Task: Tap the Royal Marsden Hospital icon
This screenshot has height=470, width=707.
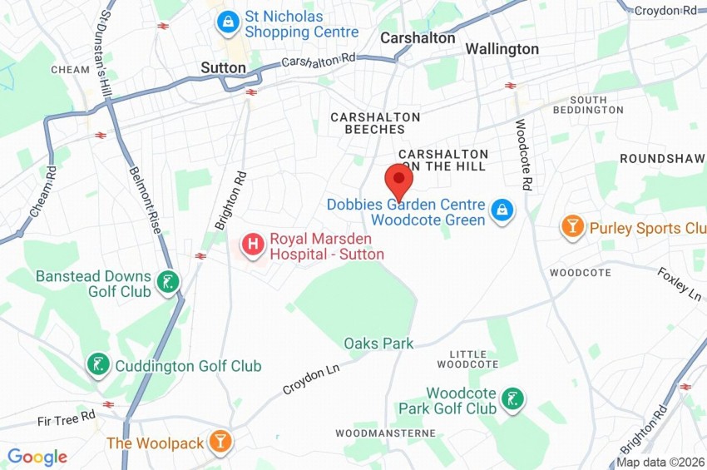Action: [252, 245]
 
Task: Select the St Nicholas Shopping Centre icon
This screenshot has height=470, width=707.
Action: [226, 22]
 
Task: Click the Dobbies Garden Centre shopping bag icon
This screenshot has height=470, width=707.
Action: [501, 211]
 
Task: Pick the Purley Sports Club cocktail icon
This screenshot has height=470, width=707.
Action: [572, 226]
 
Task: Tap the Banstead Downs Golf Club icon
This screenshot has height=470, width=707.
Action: [168, 284]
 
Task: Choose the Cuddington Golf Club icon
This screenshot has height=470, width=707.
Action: [99, 364]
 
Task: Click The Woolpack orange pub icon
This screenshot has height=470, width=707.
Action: [220, 442]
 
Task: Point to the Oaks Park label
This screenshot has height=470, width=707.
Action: [378, 344]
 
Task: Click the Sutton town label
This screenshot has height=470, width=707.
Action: [223, 67]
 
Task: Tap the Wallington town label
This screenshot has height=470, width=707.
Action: [502, 49]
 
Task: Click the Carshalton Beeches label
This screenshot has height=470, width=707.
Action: [375, 123]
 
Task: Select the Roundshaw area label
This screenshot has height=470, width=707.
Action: [662, 158]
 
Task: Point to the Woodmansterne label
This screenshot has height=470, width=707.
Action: [385, 433]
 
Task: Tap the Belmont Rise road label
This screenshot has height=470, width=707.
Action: [142, 199]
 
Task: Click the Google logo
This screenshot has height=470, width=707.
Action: [37, 457]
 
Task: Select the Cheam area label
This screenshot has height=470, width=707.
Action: [70, 70]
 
